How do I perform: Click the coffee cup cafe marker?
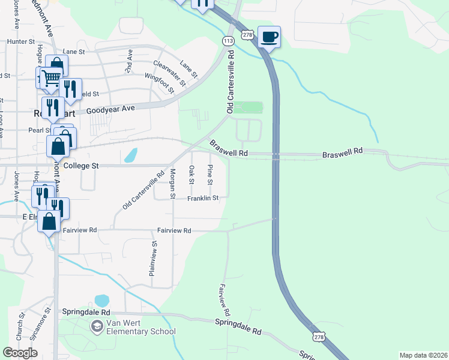(270, 37)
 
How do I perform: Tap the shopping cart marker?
(52, 77)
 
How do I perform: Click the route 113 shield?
(228, 41)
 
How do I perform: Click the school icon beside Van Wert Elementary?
(96, 326)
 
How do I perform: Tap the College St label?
(80, 165)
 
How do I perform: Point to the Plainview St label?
(154, 259)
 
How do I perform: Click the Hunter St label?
(22, 42)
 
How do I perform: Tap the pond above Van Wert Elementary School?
(101, 300)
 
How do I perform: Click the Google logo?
(20, 353)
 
